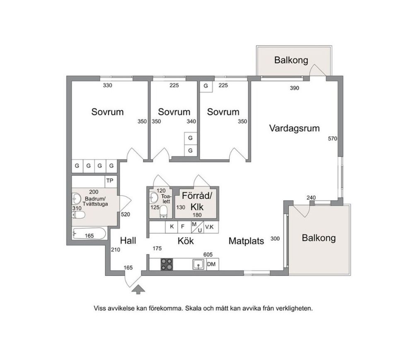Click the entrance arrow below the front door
click(x=138, y=289)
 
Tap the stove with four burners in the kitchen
click(x=167, y=264)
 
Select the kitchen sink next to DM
click(x=199, y=264)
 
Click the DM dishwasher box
click(x=212, y=264)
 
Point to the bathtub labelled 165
click(x=90, y=234)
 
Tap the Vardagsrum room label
click(x=294, y=128)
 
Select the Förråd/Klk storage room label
click(x=197, y=201)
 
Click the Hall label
click(x=128, y=241)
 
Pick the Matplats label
click(x=246, y=241)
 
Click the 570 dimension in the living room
click(x=332, y=138)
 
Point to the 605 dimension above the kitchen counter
click(x=208, y=255)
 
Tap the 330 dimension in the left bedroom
click(x=107, y=85)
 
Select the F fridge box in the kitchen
click(x=183, y=227)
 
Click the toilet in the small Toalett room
click(x=164, y=211)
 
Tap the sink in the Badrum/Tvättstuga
click(x=77, y=198)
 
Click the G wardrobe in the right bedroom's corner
click(x=206, y=86)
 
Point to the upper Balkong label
click(x=291, y=60)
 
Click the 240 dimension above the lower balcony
click(x=311, y=198)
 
